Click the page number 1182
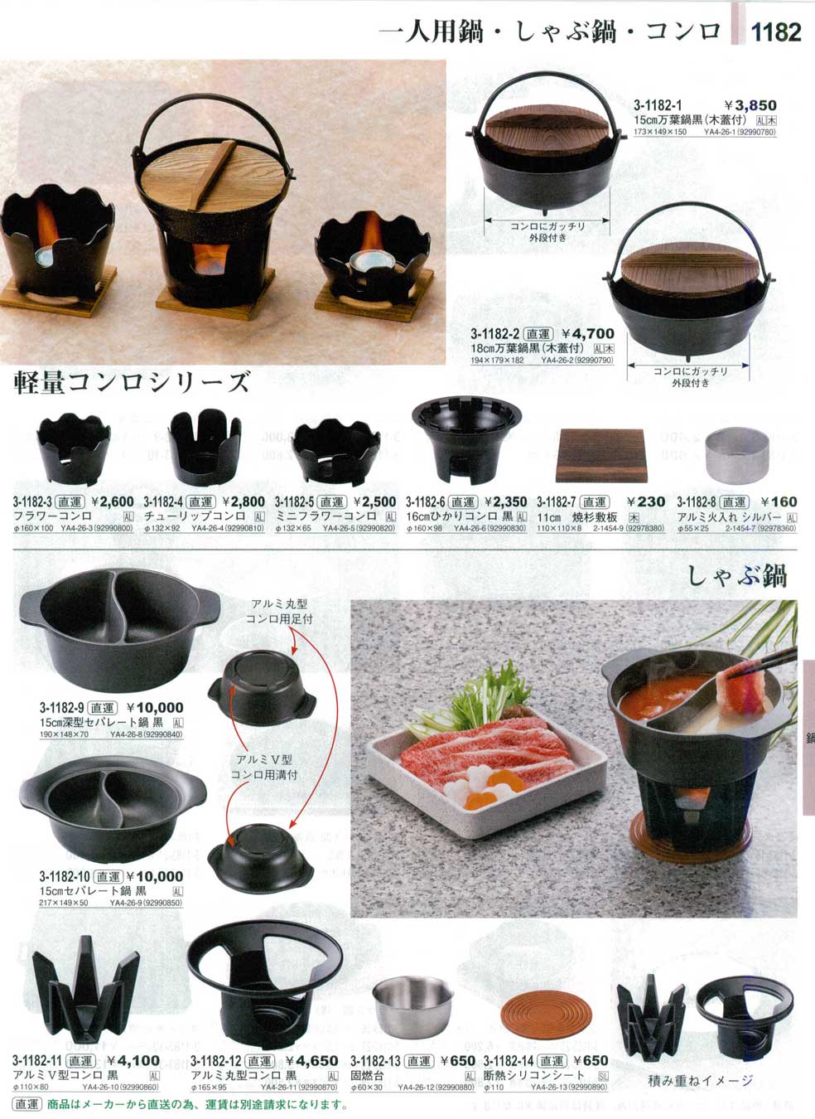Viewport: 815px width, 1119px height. (776, 32)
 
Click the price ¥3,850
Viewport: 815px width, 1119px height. (750, 105)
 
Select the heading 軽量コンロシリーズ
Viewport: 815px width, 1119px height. (132, 382)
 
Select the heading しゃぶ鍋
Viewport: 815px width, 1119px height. (737, 575)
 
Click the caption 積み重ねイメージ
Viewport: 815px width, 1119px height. (701, 1080)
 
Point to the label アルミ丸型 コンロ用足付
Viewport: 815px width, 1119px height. (279, 612)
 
